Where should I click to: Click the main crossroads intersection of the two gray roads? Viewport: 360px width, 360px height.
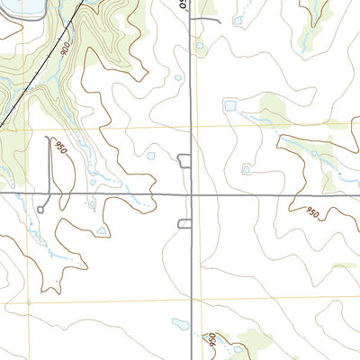pyautogui.click(x=192, y=193)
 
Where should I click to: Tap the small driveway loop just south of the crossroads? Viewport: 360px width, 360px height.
pyautogui.click(x=184, y=223)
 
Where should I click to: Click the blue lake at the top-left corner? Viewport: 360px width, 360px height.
pyautogui.click(x=27, y=7)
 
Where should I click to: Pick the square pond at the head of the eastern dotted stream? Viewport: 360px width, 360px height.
pyautogui.click(x=230, y=106)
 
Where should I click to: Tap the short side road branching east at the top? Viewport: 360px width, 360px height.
pyautogui.click(x=207, y=17)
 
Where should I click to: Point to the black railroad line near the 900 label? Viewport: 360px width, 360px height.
pyautogui.click(x=45, y=63)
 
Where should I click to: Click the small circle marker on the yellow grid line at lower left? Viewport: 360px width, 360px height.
pyautogui.click(x=30, y=303)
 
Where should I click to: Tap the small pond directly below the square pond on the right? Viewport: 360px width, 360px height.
pyautogui.click(x=246, y=168)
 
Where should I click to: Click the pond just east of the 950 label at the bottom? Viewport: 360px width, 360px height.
pyautogui.click(x=238, y=346)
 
